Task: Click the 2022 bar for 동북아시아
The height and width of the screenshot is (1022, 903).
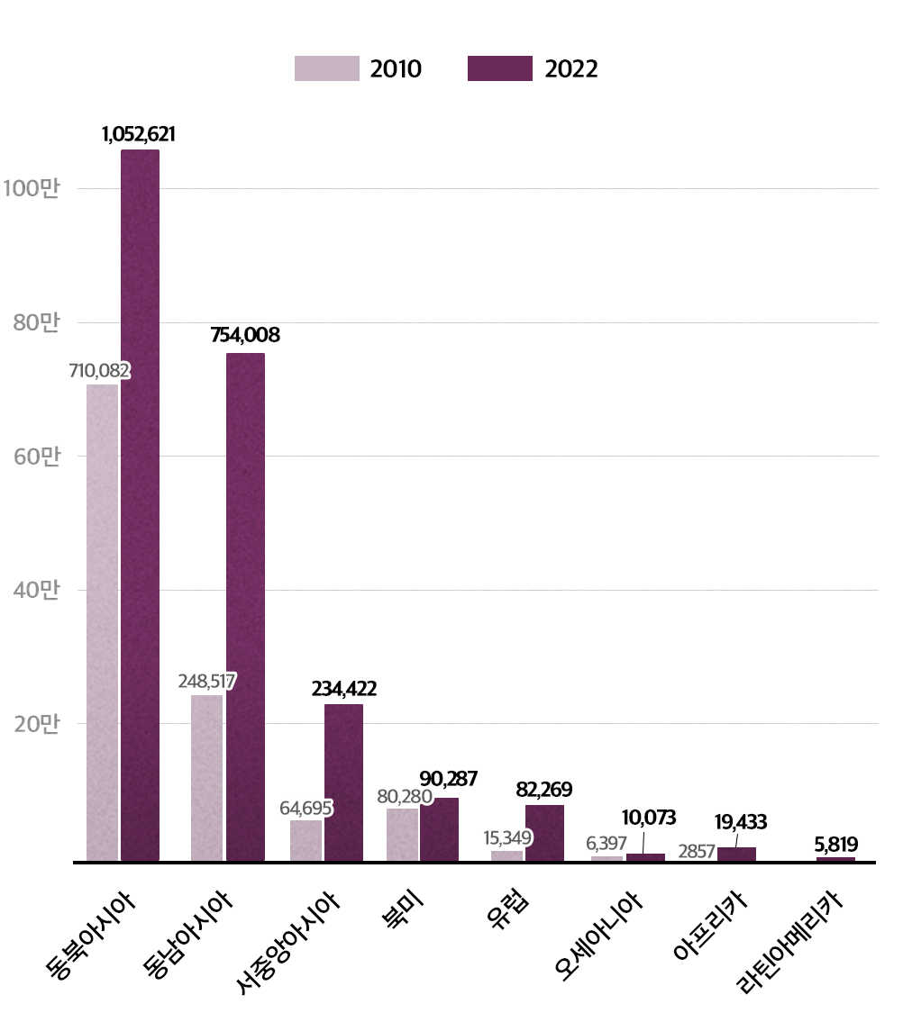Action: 140,504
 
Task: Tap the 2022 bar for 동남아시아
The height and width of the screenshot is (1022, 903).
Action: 245,608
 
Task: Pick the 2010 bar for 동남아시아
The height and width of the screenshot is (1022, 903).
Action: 206,779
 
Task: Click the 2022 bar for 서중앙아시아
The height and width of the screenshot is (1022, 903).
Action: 343,783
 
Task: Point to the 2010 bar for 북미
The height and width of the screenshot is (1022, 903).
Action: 402,836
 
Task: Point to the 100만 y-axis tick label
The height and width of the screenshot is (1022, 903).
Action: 32,189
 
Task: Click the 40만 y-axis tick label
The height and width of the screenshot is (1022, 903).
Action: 36,591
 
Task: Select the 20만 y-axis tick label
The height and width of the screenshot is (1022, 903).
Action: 36,724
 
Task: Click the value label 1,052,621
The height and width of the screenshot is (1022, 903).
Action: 139,134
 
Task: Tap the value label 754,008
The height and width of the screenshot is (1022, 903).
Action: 245,336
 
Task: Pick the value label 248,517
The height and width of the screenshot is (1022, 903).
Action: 207,681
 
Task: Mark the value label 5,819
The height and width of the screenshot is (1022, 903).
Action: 835,845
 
